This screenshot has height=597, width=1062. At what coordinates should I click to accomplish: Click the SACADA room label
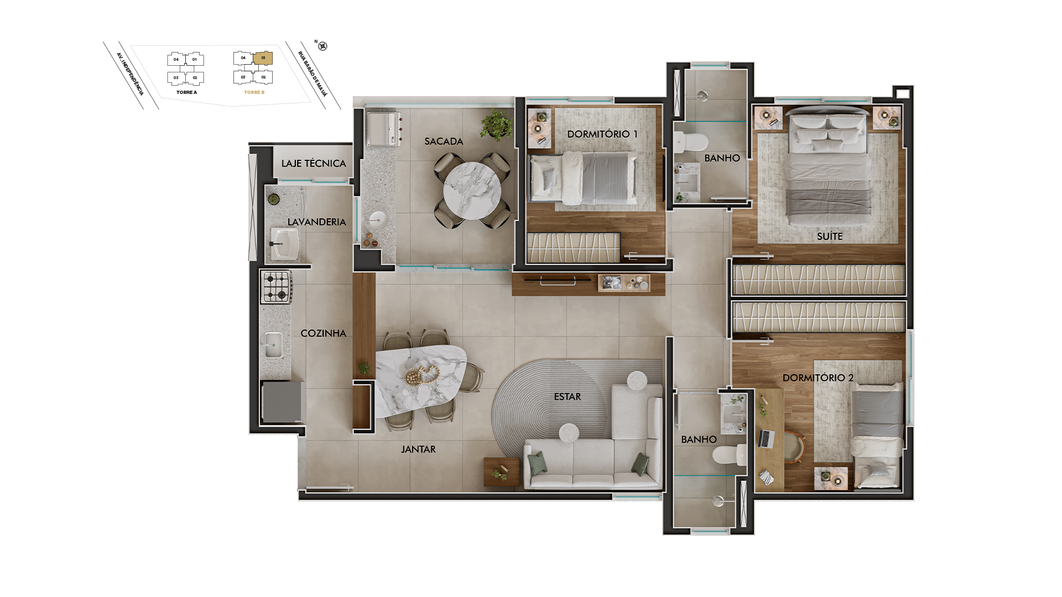click(444, 142)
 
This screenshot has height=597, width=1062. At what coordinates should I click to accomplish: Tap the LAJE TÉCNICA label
click(314, 163)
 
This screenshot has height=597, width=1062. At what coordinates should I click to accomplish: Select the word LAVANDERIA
click(316, 222)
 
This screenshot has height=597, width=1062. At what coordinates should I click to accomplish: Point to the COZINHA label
click(324, 333)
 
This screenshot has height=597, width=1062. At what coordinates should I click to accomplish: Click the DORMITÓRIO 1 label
click(602, 134)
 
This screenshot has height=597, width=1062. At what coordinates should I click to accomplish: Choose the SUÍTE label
click(830, 237)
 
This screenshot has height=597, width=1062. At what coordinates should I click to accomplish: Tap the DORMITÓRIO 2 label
click(818, 378)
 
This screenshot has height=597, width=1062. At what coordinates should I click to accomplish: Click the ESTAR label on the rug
click(568, 397)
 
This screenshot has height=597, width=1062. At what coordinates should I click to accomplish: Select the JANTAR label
click(418, 449)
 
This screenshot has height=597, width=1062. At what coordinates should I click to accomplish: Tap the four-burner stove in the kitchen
click(277, 287)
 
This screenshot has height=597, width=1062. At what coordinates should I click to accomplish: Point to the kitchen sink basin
click(273, 345)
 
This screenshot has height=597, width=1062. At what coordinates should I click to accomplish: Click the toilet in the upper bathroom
click(691, 142)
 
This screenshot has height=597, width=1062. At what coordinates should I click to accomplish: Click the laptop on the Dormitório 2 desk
click(767, 439)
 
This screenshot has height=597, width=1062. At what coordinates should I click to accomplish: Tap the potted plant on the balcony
click(496, 124)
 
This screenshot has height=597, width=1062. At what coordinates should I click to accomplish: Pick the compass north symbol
click(323, 46)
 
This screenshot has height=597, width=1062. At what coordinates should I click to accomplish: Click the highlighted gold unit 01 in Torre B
click(263, 58)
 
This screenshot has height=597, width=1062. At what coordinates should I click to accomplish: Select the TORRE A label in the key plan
click(186, 92)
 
